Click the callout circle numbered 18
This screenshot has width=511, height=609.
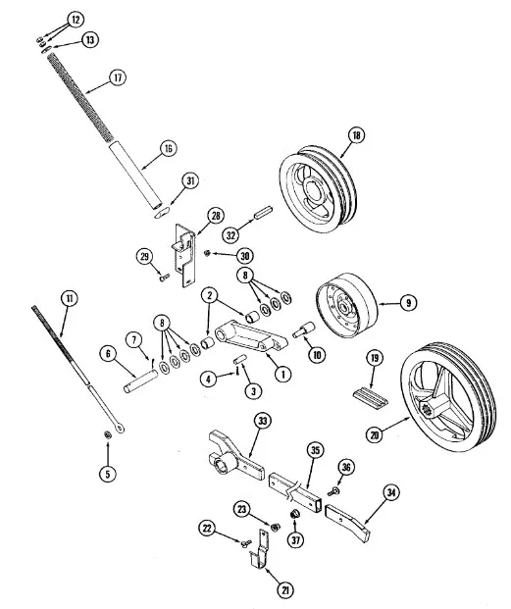coord(356,135)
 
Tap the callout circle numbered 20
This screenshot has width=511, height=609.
coord(375,435)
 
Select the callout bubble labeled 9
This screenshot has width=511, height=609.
coord(408,303)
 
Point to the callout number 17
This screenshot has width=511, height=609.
coord(118,77)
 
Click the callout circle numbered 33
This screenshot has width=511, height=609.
coord(263,421)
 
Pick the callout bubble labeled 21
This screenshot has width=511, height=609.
coord(285,590)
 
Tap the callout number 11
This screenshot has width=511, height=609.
coord(69,298)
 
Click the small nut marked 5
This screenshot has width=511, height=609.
coord(108,434)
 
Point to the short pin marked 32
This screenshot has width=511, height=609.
coord(263,213)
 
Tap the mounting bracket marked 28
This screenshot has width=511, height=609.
coord(183,254)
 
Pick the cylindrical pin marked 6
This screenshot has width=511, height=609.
coord(141,381)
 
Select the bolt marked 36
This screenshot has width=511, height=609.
coord(333,491)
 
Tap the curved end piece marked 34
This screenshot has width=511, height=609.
coord(348,523)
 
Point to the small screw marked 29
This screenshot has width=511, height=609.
coord(165,278)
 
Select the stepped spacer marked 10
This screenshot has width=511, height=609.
coord(304,329)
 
